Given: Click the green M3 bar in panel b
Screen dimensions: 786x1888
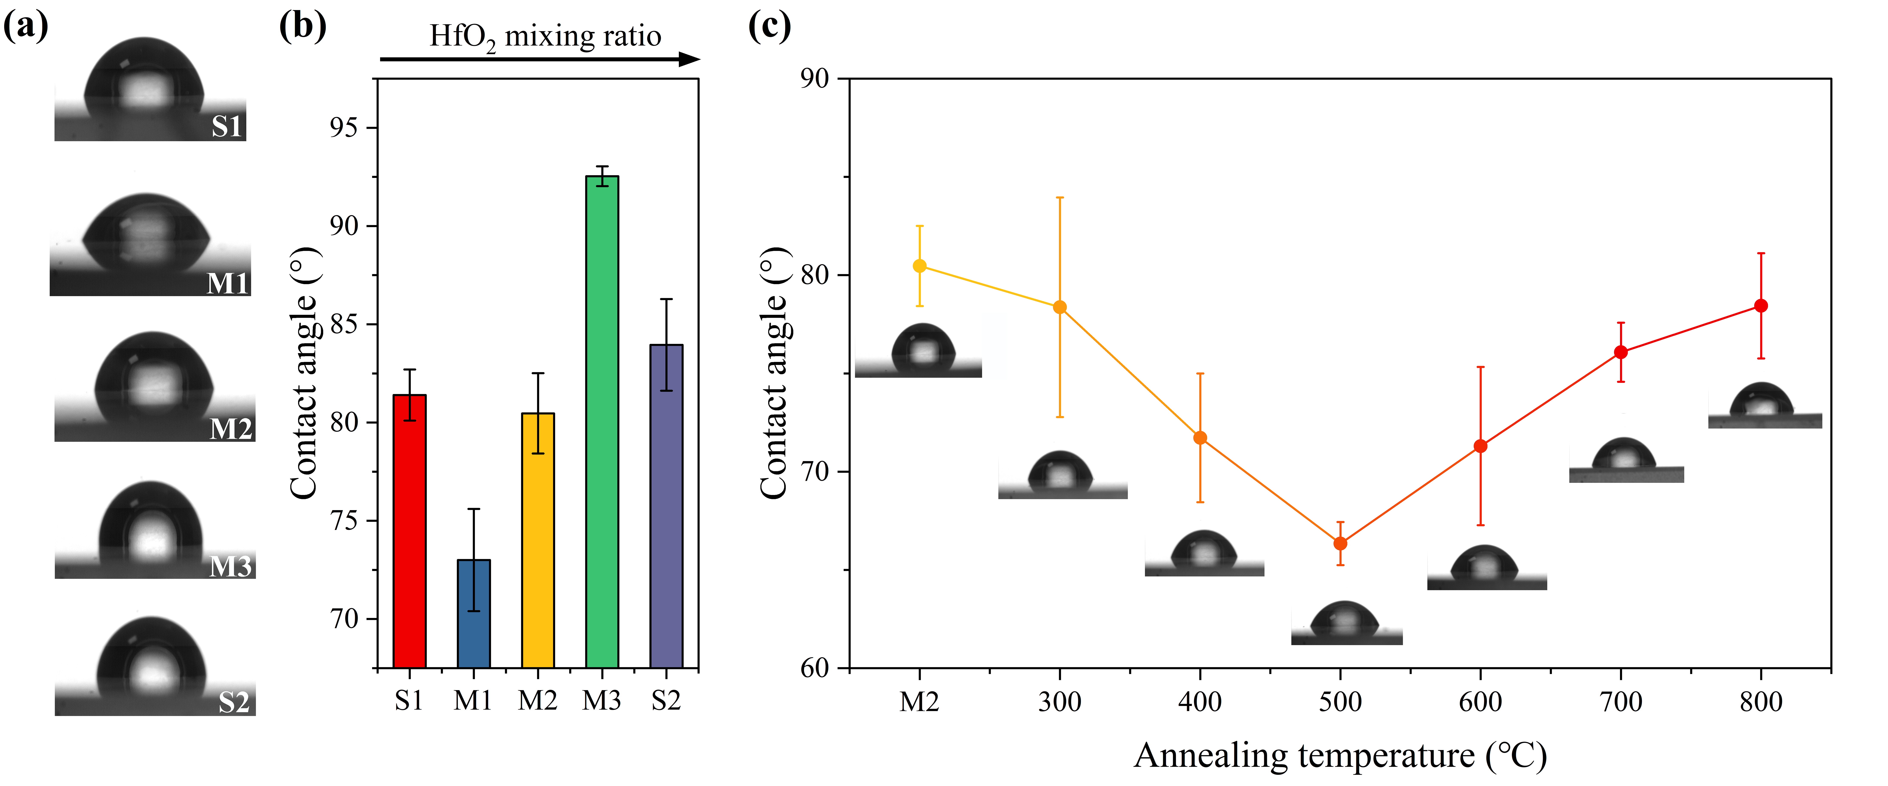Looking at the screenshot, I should (602, 421).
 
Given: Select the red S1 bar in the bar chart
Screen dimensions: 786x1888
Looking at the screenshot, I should (409, 531).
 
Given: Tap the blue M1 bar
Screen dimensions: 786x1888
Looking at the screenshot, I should (474, 614).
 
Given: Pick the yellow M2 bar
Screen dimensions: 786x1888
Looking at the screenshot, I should (537, 541).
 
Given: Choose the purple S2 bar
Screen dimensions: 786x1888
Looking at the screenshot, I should (666, 505).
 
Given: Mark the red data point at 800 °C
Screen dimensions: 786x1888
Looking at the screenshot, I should (1760, 305).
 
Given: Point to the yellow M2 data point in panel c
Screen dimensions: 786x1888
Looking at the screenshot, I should (919, 266).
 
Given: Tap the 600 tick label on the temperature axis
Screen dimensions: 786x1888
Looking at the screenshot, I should (1480, 702).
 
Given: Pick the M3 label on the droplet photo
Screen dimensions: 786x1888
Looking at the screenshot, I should (230, 566).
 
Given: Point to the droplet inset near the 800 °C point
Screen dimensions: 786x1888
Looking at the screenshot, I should (1764, 405).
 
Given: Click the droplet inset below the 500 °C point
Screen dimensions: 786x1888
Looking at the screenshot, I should (1346, 623).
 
